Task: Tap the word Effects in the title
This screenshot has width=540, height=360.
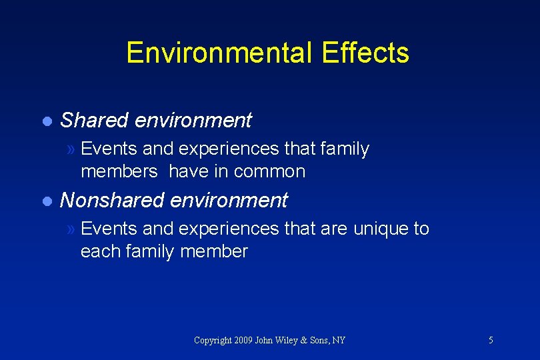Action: (x=365, y=53)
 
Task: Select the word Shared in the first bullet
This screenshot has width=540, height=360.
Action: (x=94, y=121)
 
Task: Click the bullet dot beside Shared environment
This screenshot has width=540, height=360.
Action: (x=46, y=121)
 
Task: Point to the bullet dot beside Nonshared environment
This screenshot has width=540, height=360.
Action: (x=46, y=201)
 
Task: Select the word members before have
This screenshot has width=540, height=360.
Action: (x=119, y=172)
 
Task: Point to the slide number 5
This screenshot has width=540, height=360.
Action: (x=491, y=341)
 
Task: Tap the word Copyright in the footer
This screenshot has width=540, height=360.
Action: (x=213, y=341)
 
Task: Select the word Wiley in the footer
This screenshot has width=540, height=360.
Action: (x=293, y=341)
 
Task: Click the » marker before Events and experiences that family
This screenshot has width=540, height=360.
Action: (x=72, y=149)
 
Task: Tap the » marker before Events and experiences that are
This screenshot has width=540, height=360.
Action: (x=72, y=229)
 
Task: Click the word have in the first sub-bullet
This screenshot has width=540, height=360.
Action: (x=189, y=172)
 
